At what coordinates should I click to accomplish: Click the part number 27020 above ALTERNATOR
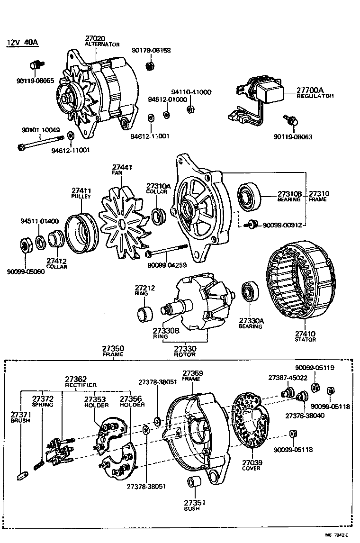click(x=95, y=38)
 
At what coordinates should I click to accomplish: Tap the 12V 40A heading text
click(x=22, y=43)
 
